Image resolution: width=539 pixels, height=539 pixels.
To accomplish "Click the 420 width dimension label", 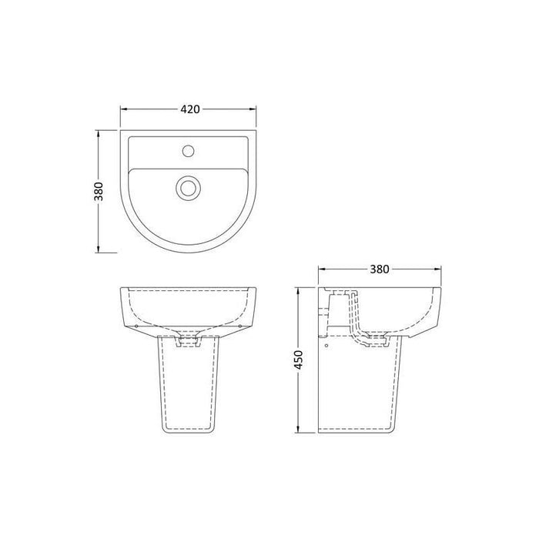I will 190,109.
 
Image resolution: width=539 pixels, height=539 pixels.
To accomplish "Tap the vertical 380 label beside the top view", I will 99,191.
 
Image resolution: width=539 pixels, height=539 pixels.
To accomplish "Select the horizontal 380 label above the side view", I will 380,269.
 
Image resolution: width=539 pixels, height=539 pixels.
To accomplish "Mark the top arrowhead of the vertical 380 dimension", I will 99,132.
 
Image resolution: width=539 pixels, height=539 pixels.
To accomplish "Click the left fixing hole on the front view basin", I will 136,326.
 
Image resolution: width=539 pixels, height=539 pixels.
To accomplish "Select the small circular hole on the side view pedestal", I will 329,345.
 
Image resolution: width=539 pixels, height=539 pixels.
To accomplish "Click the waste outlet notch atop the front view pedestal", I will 189,339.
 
